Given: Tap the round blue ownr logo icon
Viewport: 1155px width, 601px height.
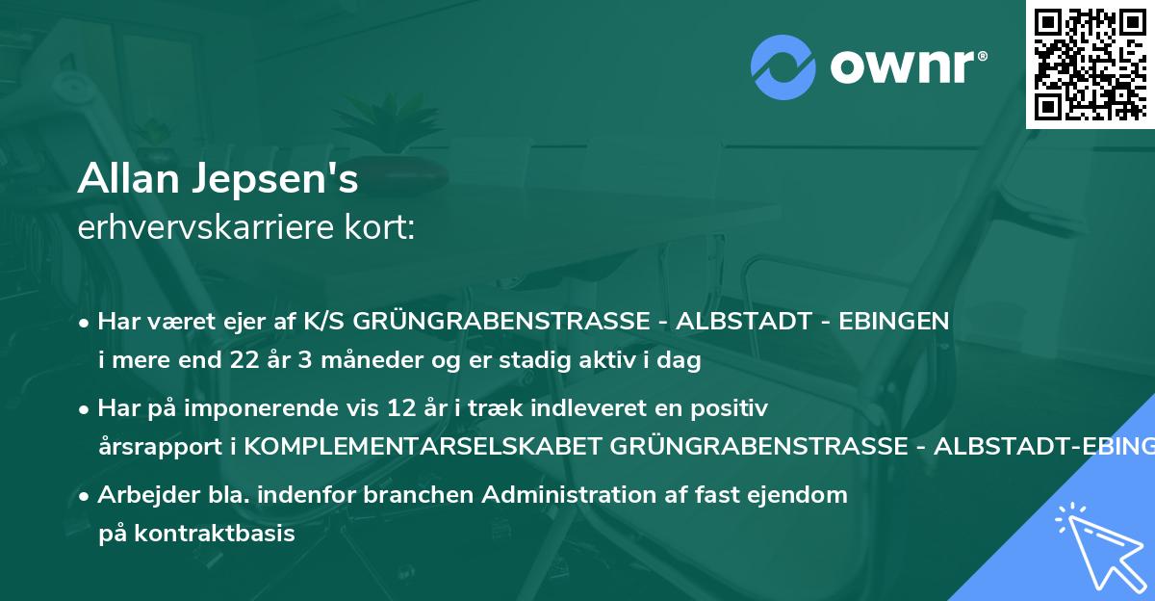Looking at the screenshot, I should point(782,65).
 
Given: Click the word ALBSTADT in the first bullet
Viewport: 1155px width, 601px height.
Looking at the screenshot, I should point(737,321).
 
